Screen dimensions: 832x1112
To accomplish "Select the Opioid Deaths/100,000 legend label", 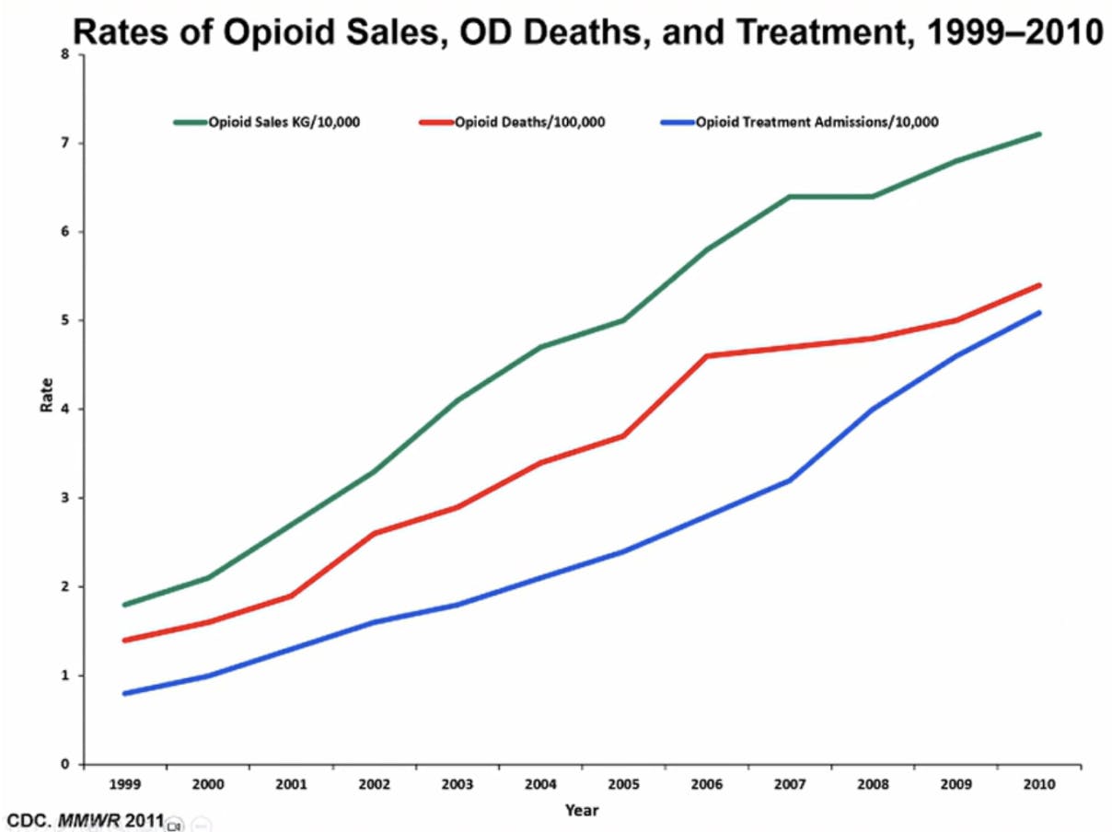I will (x=529, y=121).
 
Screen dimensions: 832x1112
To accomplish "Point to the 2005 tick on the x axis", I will (x=623, y=784).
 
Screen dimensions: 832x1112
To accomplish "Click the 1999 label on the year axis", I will (x=124, y=784).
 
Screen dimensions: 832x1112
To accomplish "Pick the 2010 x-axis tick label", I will (x=1039, y=784).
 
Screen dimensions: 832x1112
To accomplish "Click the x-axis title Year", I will (x=582, y=811).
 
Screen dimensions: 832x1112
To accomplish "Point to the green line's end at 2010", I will (x=1039, y=134).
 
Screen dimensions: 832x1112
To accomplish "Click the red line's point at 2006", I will (x=707, y=355).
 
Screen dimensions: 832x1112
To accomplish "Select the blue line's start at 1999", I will (x=124, y=693).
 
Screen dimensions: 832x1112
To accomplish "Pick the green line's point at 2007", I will (x=790, y=196).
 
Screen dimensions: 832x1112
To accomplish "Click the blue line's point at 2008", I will (x=873, y=409).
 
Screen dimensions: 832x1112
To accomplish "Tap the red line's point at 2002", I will (x=374, y=533).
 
